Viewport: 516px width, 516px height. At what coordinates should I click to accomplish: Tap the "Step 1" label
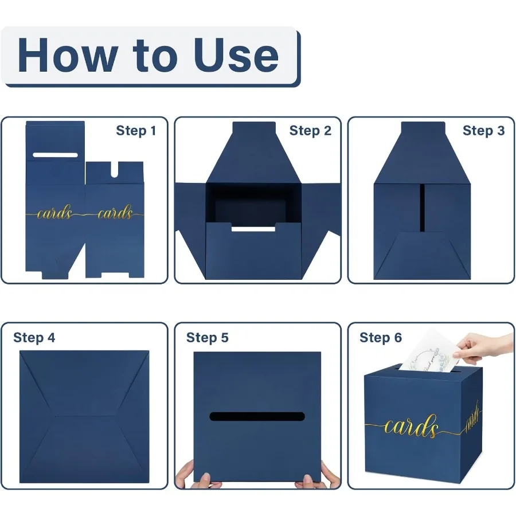[x=136, y=131]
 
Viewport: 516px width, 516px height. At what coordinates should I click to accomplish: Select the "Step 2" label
[x=310, y=131]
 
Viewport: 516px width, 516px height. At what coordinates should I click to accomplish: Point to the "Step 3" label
[x=483, y=131]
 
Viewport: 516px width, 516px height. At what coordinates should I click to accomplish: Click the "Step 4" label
[x=34, y=338]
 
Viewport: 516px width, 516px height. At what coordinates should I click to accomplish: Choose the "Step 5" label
[x=208, y=338]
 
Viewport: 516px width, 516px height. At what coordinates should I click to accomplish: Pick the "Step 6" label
[x=381, y=338]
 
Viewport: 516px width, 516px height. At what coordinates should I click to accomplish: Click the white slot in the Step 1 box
[x=55, y=155]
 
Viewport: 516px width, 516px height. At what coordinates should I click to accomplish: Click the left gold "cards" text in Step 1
[x=55, y=214]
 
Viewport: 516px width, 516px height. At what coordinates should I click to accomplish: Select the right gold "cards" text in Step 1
[x=115, y=214]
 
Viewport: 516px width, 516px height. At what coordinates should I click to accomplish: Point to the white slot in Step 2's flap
[x=253, y=229]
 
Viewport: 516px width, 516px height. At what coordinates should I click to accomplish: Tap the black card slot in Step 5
[x=257, y=417]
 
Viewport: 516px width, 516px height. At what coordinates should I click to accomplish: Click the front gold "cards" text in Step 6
[x=412, y=427]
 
